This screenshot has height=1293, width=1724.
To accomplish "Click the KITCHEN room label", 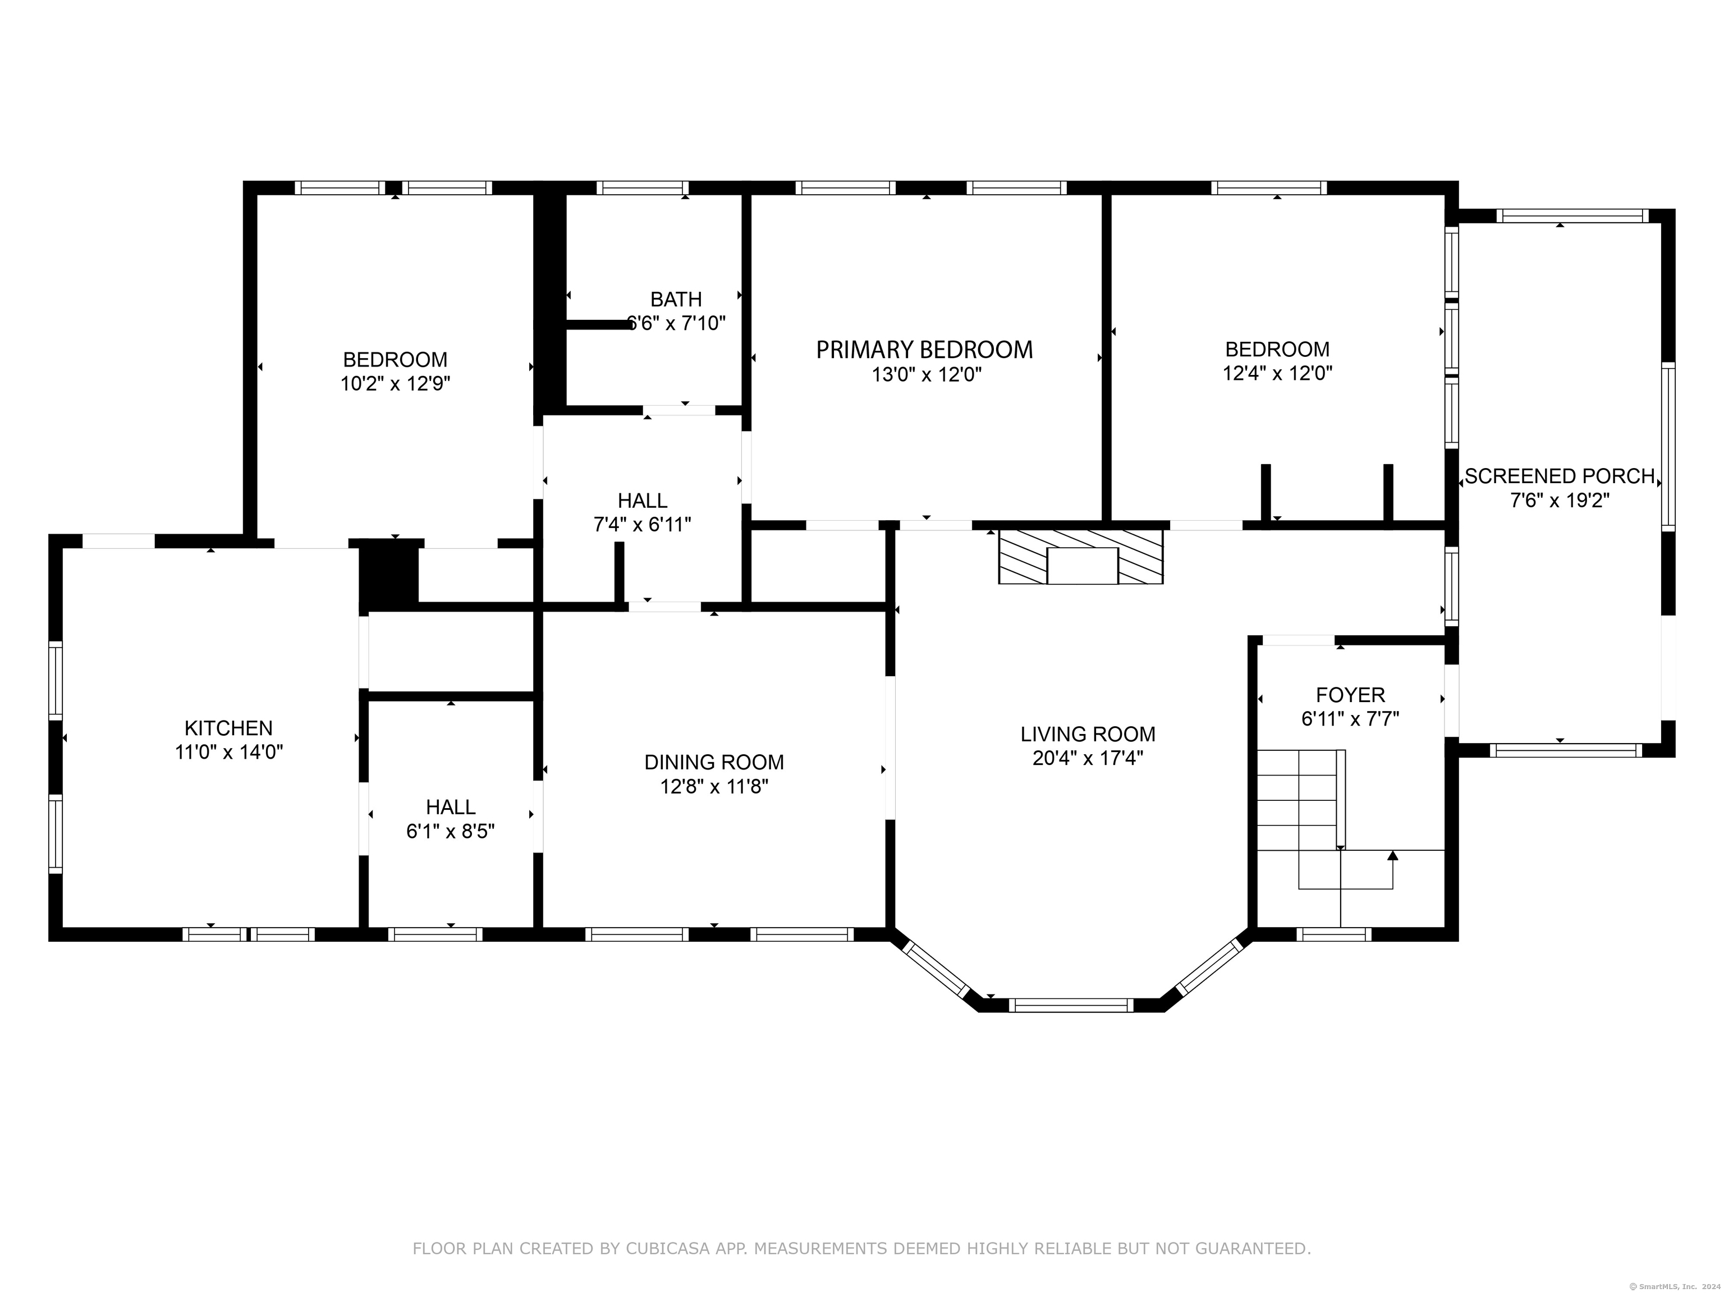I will (x=228, y=728).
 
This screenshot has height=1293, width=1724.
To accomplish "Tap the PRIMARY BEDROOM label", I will (x=924, y=350).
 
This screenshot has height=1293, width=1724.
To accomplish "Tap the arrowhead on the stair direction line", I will (x=1393, y=856).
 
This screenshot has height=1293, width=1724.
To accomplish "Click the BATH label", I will (x=676, y=299).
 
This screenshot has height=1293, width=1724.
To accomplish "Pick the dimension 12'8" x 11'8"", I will (x=714, y=786).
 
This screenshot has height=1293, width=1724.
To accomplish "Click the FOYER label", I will (x=1350, y=694).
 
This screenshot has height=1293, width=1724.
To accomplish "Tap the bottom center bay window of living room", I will (x=1071, y=1006).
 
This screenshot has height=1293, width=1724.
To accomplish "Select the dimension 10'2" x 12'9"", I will (x=395, y=383).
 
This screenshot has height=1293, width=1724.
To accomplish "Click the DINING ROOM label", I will (x=714, y=762).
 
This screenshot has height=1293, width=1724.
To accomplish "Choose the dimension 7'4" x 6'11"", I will (x=642, y=525).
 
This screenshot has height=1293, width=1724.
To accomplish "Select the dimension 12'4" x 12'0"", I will (x=1277, y=373).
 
